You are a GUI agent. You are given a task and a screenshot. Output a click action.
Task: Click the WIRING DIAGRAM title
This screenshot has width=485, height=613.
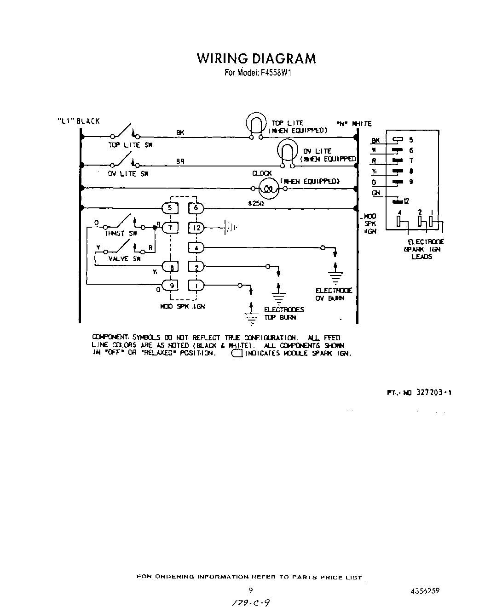tap(256, 58)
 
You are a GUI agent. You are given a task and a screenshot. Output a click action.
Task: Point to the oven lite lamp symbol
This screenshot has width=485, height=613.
tap(287, 152)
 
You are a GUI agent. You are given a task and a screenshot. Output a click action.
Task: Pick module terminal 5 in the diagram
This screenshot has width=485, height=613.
tap(170, 208)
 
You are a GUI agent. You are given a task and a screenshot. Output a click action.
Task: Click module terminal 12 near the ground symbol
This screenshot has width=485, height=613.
tap(196, 228)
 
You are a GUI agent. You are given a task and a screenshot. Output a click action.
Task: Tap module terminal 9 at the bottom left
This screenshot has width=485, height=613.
tap(170, 286)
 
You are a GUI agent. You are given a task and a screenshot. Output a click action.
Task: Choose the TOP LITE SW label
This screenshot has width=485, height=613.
tap(130, 145)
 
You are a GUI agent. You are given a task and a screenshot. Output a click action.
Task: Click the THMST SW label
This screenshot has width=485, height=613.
tap(121, 234)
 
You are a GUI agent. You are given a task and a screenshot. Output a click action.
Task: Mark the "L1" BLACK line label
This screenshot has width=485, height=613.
tap(78, 121)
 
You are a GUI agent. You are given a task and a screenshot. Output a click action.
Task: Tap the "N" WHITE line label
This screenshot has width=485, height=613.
tap(354, 124)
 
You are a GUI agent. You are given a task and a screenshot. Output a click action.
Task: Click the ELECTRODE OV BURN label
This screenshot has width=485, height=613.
tap(334, 294)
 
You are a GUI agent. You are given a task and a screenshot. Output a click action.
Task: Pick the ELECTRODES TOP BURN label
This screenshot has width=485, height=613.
tap(283, 314)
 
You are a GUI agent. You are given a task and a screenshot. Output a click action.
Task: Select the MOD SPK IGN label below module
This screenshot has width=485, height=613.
tap(182, 306)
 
